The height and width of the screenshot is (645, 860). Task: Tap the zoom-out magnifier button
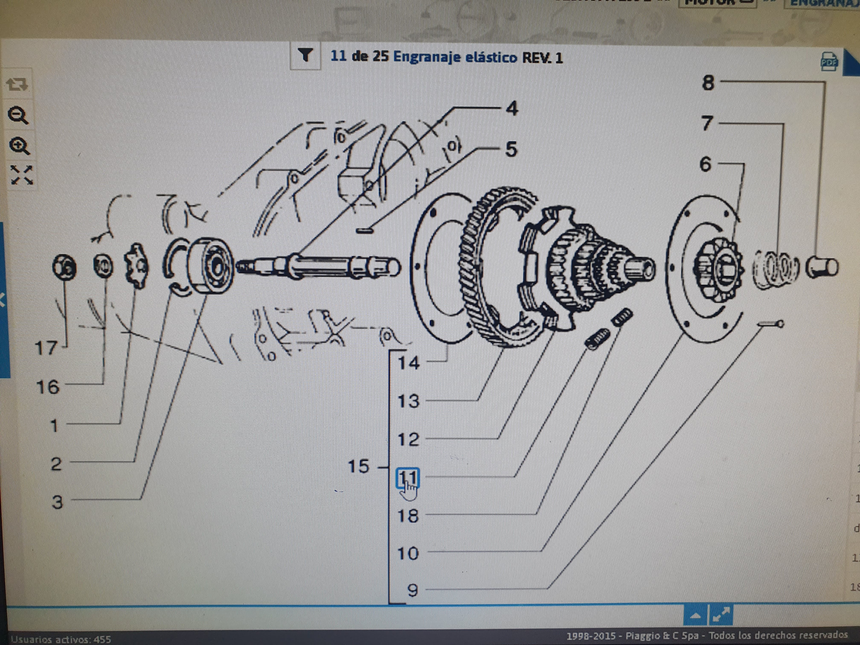point(18,115)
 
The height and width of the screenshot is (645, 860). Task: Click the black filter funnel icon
point(306,56)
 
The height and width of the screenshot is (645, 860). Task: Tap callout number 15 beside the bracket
point(358,466)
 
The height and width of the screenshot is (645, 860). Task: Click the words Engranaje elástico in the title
point(455,57)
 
